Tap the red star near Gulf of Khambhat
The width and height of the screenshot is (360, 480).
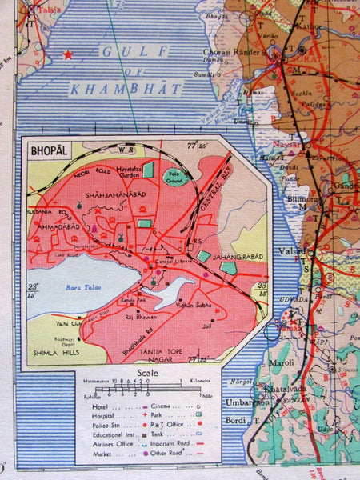pos(68,55)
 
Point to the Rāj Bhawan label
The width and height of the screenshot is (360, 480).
pos(131,317)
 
